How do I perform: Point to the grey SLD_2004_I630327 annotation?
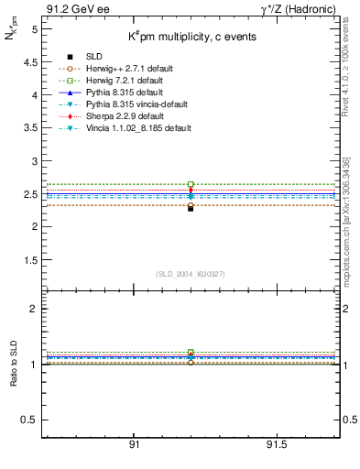[190, 274]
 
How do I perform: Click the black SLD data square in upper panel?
[191, 208]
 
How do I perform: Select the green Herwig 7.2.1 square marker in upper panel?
[191, 184]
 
